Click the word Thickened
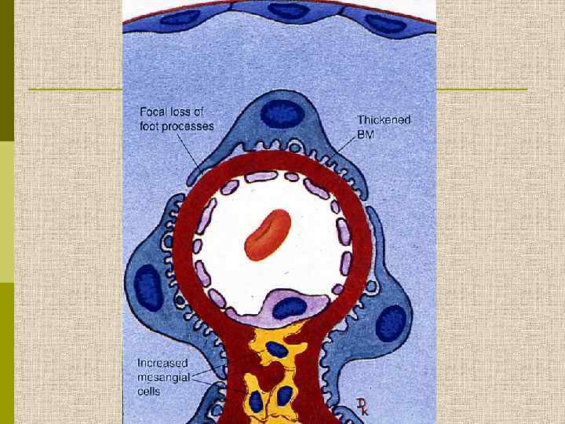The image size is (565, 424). coord(385,120)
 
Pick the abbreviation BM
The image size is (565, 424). coord(366,133)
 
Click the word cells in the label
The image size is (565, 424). coord(151,389)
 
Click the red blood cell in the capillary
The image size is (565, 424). coord(268,234)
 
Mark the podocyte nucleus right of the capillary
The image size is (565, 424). coord(392,323)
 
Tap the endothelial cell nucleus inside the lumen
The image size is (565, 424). coord(288,306)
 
